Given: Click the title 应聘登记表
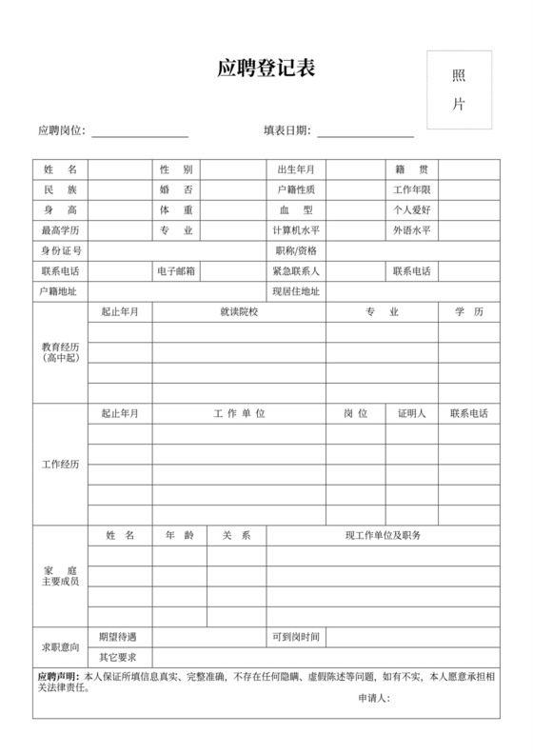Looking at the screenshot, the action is point(266,69).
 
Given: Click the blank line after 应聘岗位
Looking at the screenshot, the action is point(139,131).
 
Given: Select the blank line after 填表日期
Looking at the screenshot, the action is point(365,131).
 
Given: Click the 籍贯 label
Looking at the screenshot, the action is point(412,169).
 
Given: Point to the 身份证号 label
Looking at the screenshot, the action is point(60,251).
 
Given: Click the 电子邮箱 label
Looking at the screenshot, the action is point(176,271).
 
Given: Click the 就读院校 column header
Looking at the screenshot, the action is point(239,312).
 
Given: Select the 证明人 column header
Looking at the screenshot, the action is point(412,413).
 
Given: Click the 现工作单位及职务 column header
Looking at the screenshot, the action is point(383,535).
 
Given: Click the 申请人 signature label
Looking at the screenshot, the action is point(374,698).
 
